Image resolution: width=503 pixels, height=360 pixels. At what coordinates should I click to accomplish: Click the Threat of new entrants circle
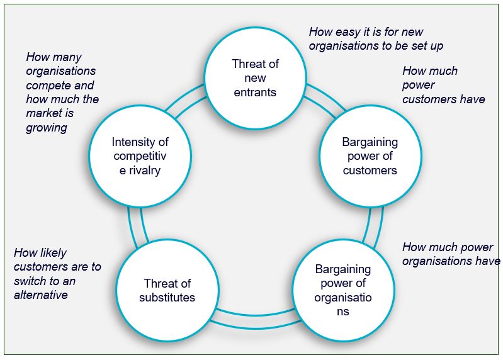click(255, 78)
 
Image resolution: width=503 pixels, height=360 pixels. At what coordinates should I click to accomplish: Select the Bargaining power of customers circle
click(370, 156)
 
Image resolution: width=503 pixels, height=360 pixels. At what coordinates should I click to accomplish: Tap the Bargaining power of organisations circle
click(343, 290)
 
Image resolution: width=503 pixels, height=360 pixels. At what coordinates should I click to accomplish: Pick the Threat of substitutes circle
click(167, 290)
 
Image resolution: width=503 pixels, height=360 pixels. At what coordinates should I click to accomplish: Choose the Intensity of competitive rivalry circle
click(140, 156)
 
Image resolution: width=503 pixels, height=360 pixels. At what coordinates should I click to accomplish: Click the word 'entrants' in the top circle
click(255, 93)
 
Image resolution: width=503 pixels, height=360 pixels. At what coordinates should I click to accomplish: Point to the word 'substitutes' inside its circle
click(167, 297)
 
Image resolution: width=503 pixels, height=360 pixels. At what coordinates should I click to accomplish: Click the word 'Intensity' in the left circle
click(140, 142)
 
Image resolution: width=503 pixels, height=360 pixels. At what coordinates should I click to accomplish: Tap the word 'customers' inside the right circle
click(370, 171)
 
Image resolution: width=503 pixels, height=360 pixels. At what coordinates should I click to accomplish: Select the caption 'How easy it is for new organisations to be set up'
click(376, 39)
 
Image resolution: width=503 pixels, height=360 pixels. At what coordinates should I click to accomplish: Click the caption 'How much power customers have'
click(443, 85)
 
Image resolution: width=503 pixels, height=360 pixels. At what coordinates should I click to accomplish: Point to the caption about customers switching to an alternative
click(57, 274)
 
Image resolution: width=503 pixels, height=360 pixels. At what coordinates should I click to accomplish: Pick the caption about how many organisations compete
click(62, 93)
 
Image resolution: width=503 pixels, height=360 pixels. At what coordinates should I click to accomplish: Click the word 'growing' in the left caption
click(47, 128)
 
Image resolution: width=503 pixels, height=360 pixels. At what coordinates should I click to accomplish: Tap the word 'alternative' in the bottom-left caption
click(41, 295)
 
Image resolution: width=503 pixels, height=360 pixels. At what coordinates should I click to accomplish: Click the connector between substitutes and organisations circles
click(255, 318)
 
